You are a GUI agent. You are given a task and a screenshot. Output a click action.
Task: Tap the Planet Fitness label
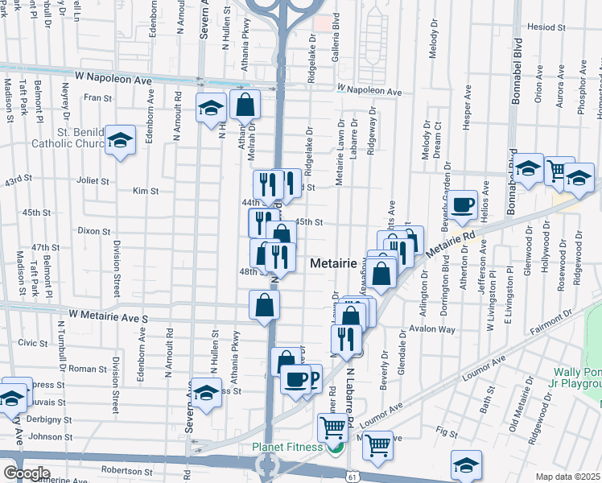click(287, 448)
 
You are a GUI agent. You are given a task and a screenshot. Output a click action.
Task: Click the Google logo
click(27, 473)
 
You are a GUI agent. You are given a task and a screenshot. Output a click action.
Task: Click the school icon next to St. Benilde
click(120, 142)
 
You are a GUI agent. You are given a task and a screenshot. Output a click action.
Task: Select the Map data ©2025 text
click(568, 477)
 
